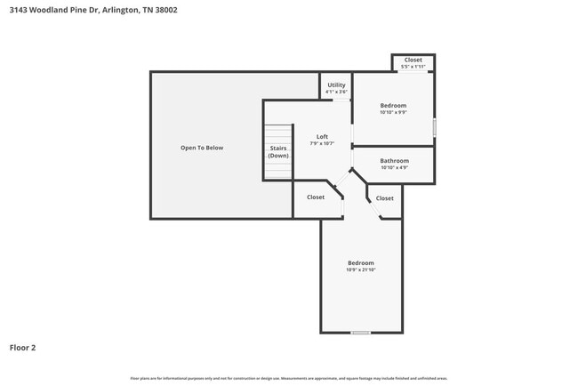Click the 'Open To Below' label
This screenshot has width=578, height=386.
[202, 148]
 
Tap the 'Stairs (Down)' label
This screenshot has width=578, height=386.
[278, 151]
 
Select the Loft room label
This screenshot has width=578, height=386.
[322, 136]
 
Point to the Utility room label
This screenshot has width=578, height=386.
[336, 85]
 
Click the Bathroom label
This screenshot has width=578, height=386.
[394, 161]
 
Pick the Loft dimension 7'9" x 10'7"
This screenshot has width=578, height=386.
[322, 143]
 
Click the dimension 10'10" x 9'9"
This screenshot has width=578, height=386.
[393, 112]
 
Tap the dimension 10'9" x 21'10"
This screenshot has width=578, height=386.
[360, 269]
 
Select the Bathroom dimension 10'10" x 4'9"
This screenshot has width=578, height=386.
[394, 167]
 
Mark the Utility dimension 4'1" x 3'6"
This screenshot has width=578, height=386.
[336, 92]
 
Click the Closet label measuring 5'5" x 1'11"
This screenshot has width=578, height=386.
[413, 60]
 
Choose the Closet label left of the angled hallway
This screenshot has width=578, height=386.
[316, 197]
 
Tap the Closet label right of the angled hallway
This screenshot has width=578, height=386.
[385, 198]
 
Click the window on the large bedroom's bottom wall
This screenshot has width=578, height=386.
[360, 333]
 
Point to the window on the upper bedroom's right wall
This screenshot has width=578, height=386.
[434, 127]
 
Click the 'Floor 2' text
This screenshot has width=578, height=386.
[23, 348]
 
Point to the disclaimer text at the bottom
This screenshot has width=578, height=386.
[289, 378]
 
